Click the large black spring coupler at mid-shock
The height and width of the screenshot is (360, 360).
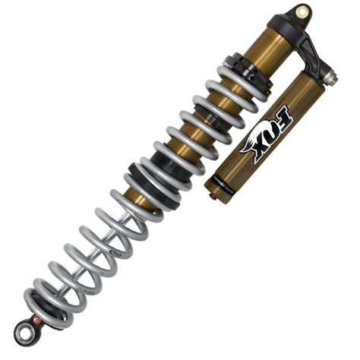pos(152,171)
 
